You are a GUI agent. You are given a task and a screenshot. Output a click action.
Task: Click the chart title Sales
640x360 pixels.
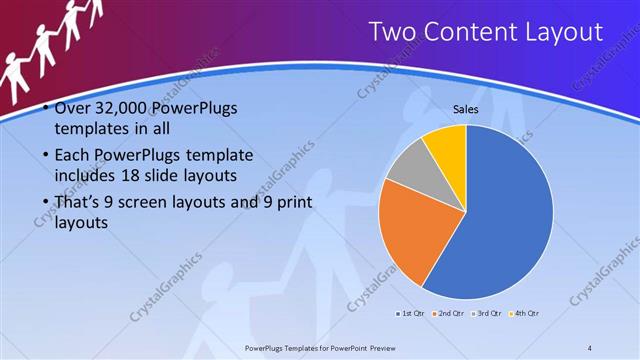[465, 109]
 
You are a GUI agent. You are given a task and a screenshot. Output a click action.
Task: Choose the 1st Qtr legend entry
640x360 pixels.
[410, 314]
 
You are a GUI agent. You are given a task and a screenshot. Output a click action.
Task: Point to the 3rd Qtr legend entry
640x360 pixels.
[485, 314]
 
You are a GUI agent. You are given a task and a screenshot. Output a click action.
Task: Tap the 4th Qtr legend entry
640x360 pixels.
[524, 314]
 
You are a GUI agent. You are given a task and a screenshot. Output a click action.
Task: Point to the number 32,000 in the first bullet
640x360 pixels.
[118, 108]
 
